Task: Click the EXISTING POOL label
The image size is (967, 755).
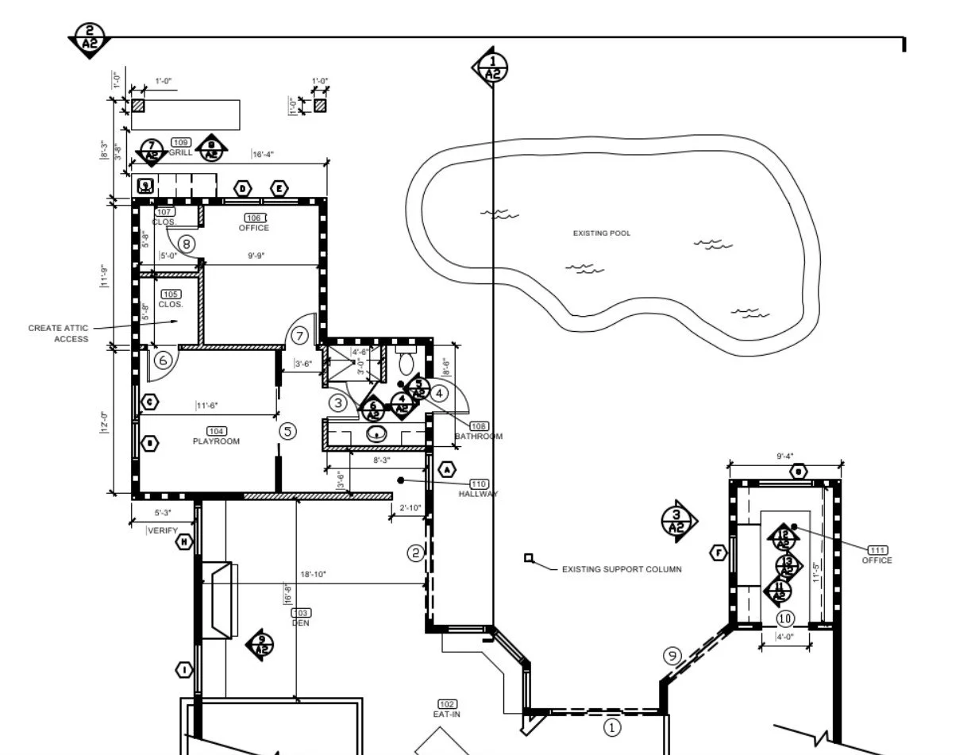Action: click(x=601, y=233)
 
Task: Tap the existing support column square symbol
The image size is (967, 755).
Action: click(x=529, y=558)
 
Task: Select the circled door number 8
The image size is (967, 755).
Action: click(x=187, y=244)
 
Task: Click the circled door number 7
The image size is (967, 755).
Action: click(x=299, y=336)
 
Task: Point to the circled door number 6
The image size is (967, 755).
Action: click(x=164, y=360)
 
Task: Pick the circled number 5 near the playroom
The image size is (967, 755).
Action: click(x=288, y=431)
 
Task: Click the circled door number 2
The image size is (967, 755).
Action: click(x=416, y=553)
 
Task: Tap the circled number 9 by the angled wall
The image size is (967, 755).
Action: click(x=672, y=656)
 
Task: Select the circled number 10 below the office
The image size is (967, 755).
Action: click(x=785, y=618)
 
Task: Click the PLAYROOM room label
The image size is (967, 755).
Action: click(x=216, y=441)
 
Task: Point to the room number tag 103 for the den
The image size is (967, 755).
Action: click(x=301, y=613)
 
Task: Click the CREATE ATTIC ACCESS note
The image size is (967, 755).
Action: click(x=59, y=333)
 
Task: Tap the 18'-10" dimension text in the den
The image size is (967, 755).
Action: click(x=313, y=574)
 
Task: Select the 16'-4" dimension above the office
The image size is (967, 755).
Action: click(x=263, y=155)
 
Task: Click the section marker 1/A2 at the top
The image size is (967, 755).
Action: click(x=492, y=68)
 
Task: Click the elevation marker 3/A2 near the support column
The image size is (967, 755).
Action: click(x=677, y=522)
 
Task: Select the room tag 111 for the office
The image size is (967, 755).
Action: click(x=877, y=550)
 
